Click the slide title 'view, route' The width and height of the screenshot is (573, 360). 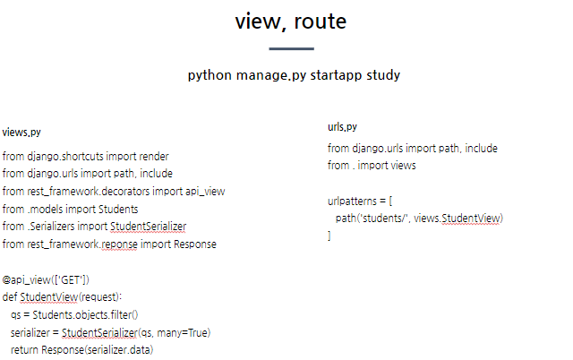tap(290, 21)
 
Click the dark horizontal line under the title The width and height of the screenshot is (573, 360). tap(291, 48)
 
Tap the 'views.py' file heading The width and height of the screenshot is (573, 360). tap(21, 133)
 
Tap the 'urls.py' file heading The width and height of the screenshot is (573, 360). tap(342, 127)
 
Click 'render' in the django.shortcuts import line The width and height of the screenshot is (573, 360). tap(153, 156)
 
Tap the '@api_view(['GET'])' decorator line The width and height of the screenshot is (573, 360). tap(46, 279)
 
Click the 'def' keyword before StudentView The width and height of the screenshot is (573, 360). tap(10, 296)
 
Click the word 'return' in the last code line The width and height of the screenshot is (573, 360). tap(23, 349)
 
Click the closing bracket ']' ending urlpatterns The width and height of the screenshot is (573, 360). tap(329, 236)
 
